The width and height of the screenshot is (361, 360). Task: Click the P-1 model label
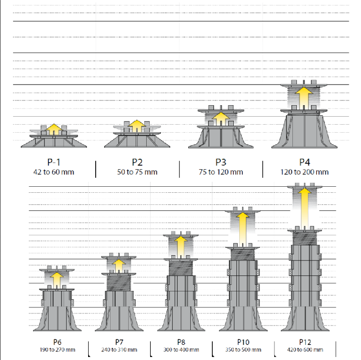[54, 162]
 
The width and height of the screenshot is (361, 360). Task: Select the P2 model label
[137, 162]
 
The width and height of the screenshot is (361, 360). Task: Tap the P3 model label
[221, 162]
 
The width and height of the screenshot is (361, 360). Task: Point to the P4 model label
[304, 162]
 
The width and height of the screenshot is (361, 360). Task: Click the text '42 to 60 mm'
[54, 172]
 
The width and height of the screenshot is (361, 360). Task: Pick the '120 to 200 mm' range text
[304, 172]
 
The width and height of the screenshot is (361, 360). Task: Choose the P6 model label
[57, 342]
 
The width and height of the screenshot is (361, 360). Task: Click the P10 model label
[243, 342]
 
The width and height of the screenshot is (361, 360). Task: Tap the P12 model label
[305, 342]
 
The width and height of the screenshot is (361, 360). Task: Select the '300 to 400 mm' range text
[181, 349]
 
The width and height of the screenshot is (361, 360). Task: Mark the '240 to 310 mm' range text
[119, 349]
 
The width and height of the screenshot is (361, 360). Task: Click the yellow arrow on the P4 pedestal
[304, 98]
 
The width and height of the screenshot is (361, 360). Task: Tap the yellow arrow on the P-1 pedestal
[54, 129]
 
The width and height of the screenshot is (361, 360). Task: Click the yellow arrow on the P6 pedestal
[57, 280]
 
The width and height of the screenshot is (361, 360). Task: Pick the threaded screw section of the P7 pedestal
[119, 283]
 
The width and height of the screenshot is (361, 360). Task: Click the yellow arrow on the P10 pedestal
[243, 229]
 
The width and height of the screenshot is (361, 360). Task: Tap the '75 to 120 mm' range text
[221, 172]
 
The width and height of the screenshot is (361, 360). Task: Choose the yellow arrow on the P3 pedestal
[221, 119]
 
